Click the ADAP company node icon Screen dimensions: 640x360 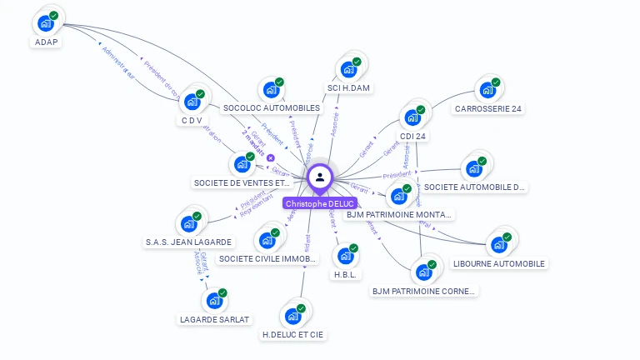click(46, 22)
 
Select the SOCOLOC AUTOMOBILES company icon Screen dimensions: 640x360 click(270, 90)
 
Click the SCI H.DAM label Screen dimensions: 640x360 click(349, 88)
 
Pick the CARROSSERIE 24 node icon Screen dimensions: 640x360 click(487, 90)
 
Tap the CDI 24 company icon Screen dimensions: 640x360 click(412, 117)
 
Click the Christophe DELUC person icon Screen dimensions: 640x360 click(319, 177)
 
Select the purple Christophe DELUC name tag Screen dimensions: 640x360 click(319, 203)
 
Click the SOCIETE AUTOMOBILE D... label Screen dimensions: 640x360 click(475, 187)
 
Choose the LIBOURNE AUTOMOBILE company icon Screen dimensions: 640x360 click(498, 245)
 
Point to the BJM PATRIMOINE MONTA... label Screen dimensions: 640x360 click(399, 215)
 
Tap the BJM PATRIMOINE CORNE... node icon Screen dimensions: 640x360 click(423, 272)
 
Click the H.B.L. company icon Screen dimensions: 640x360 click(344, 256)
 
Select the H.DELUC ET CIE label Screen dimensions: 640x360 click(292, 335)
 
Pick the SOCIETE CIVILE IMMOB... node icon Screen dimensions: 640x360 click(267, 241)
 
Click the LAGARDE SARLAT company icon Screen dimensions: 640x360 click(213, 300)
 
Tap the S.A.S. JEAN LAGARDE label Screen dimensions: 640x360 click(189, 242)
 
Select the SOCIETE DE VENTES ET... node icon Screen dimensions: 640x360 click(242, 164)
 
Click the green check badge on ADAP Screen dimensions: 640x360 click(54, 16)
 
